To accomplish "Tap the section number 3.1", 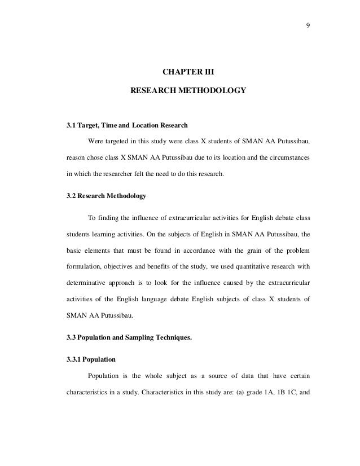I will (x=71, y=124).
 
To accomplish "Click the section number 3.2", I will (x=71, y=196).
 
